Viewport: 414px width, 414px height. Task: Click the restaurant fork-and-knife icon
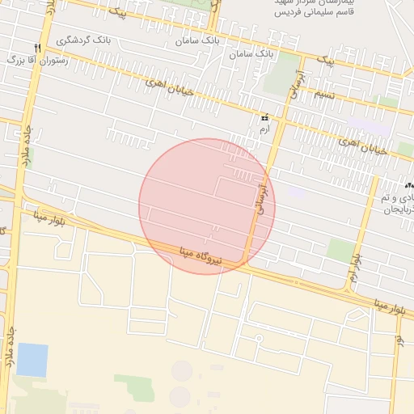click(36, 48)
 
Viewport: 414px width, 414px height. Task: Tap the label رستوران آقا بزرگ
click(37, 61)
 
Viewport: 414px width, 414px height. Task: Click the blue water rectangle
click(32, 360)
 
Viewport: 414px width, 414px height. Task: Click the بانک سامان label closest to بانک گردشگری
click(198, 40)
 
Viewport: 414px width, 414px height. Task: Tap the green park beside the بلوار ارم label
click(342, 250)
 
